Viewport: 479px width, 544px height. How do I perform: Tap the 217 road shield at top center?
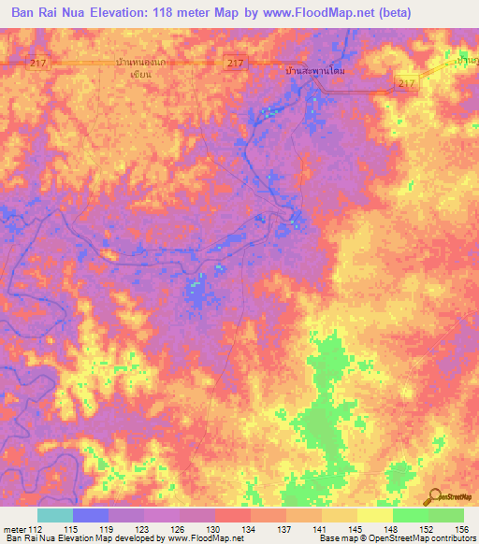235,63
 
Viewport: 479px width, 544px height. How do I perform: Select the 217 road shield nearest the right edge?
406,84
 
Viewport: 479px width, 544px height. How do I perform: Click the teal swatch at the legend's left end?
55,515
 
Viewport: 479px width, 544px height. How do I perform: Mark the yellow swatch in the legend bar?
374,515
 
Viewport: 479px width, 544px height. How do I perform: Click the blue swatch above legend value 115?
91,515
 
